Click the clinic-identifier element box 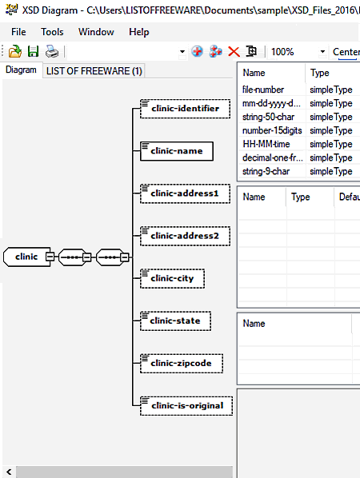pos(185,109)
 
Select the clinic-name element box pos(177,151)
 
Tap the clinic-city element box pos(172,278)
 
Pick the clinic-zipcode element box pos(182,364)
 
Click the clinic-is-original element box pos(186,406)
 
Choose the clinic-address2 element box pos(185,236)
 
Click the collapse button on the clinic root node pos(50,257)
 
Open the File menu pos(18,32)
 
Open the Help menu pos(139,32)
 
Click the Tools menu pos(52,32)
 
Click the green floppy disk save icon pos(34,51)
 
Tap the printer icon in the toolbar pos(52,51)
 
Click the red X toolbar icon pos(234,51)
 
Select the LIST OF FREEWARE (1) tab pos(94,71)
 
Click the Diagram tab pos(21,70)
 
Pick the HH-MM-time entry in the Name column pos(266,144)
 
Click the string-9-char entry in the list pos(266,171)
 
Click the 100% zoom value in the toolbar pos(282,52)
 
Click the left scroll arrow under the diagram pos(9,472)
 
